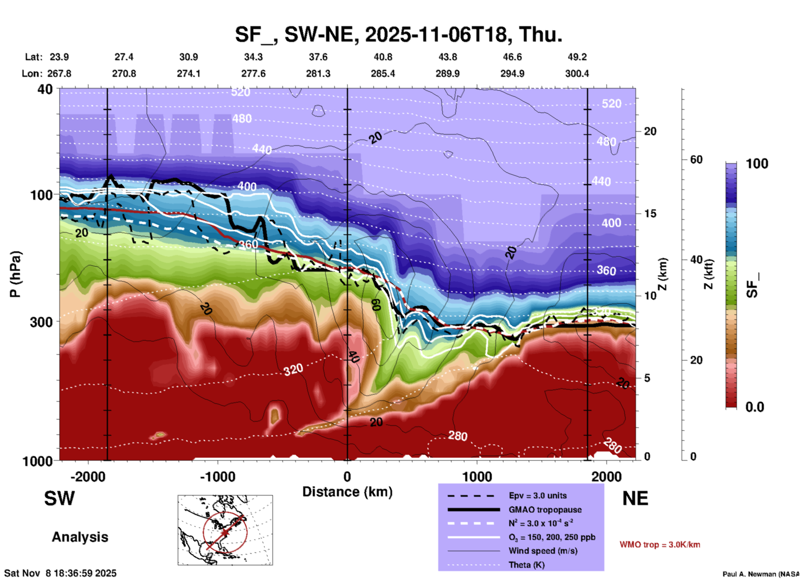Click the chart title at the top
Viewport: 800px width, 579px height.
point(399,34)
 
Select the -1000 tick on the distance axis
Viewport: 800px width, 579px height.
point(217,476)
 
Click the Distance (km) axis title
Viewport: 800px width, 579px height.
point(347,492)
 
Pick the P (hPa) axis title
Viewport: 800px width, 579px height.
point(15,274)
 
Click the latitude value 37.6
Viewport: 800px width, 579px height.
point(318,57)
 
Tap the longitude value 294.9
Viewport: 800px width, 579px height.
point(512,74)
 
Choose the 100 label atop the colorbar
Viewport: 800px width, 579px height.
point(757,164)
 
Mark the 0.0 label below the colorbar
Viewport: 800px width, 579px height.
point(754,407)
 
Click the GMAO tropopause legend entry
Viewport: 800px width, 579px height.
point(545,510)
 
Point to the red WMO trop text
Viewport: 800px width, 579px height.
point(660,545)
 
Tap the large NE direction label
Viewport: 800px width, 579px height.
point(635,498)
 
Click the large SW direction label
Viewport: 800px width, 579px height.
point(59,498)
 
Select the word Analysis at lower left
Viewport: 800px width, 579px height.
point(80,537)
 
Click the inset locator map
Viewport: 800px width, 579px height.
point(225,530)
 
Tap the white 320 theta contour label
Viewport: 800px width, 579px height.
point(293,369)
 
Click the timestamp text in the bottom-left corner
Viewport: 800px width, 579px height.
point(61,573)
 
